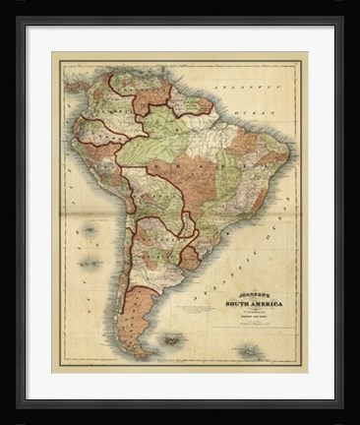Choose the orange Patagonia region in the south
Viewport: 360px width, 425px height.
pos(140,295)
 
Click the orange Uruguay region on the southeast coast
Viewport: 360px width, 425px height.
pos(190,259)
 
